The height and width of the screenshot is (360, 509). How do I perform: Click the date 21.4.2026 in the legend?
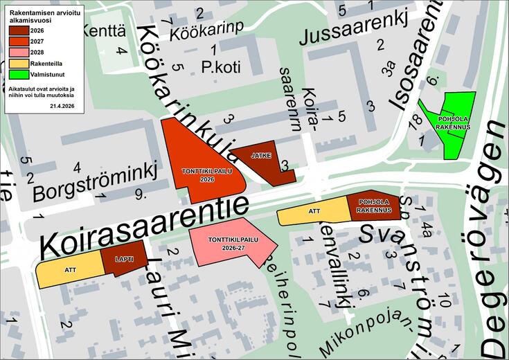(x=63, y=106)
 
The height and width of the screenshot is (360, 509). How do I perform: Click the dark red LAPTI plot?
(x=125, y=261)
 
